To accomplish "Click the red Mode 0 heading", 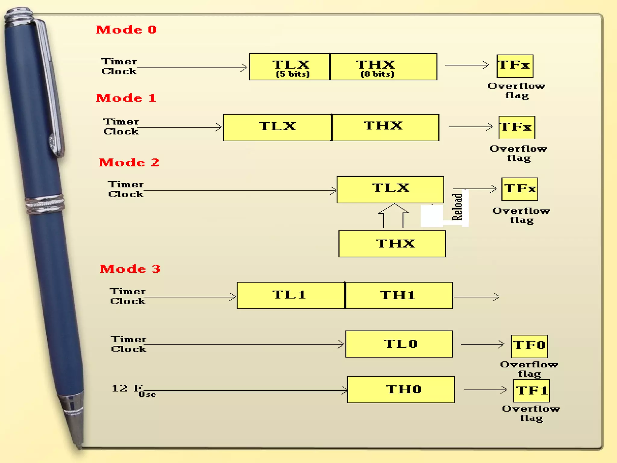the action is (x=126, y=30).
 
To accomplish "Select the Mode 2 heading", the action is (x=129, y=163).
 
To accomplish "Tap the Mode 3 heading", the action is (x=130, y=269).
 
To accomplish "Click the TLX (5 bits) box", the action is (x=290, y=67).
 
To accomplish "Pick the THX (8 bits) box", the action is (x=383, y=67).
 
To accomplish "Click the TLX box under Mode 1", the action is (x=277, y=128).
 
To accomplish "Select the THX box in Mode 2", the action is (x=392, y=244).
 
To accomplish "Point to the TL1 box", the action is (x=291, y=295).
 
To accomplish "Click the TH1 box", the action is (x=399, y=295).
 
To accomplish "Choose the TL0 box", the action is (x=399, y=344).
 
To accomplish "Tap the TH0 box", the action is (x=401, y=389).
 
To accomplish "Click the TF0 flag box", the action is (x=529, y=346).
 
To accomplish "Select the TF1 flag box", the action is (x=531, y=391).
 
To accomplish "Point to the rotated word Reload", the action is (x=457, y=207).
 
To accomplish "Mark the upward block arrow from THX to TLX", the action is (x=393, y=215).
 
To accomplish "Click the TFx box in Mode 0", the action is (x=515, y=66).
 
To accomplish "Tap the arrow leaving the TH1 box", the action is (x=476, y=297).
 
